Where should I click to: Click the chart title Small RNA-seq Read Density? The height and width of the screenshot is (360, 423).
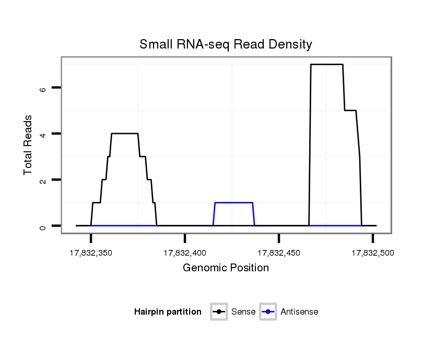pyautogui.click(x=226, y=44)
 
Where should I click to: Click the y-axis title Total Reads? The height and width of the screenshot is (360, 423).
pyautogui.click(x=30, y=145)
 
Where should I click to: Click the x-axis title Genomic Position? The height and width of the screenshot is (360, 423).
pyautogui.click(x=226, y=268)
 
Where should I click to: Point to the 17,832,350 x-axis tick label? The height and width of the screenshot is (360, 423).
pyautogui.click(x=91, y=253)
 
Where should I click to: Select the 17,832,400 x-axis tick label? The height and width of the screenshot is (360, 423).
pyautogui.click(x=185, y=253)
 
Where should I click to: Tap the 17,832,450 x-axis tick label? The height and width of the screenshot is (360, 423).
pyautogui.click(x=279, y=253)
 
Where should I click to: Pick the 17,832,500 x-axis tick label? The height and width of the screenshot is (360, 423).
pyautogui.click(x=372, y=253)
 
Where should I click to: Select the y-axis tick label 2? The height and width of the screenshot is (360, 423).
pyautogui.click(x=43, y=180)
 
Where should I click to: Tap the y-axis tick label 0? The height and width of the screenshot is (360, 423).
pyautogui.click(x=43, y=226)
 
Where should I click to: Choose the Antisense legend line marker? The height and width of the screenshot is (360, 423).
pyautogui.click(x=268, y=312)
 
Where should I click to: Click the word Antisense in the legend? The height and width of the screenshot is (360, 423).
pyautogui.click(x=299, y=312)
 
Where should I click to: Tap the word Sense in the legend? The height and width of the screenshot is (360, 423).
pyautogui.click(x=244, y=312)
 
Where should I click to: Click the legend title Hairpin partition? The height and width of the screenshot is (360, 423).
pyautogui.click(x=168, y=312)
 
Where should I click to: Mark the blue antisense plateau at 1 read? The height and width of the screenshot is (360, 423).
pyautogui.click(x=233, y=202)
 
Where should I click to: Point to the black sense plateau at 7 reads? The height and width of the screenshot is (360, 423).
pyautogui.click(x=327, y=65)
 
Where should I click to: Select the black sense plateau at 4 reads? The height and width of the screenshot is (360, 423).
pyautogui.click(x=125, y=134)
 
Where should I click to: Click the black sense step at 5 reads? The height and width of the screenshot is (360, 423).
pyautogui.click(x=350, y=111)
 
